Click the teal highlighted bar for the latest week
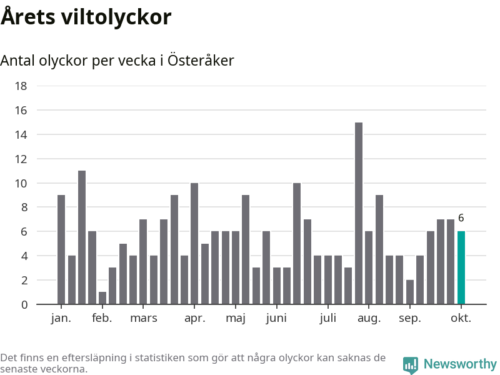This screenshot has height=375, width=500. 461,267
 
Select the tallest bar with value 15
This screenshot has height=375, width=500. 359,213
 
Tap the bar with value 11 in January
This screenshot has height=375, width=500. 82,237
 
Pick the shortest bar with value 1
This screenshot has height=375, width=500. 102,298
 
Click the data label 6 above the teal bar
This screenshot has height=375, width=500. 461,218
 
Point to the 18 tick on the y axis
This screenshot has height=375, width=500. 21,86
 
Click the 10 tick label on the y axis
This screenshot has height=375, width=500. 21,183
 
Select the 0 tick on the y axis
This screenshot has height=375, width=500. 24,304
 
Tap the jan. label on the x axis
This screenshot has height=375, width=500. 61,318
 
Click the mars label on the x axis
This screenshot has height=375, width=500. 144,318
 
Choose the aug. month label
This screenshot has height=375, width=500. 369,318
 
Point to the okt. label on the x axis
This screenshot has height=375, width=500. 461,318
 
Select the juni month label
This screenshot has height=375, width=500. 276,318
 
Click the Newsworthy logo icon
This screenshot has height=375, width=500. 411,365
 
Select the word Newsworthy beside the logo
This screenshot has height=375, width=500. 460,364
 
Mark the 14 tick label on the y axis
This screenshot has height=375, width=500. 21,134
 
